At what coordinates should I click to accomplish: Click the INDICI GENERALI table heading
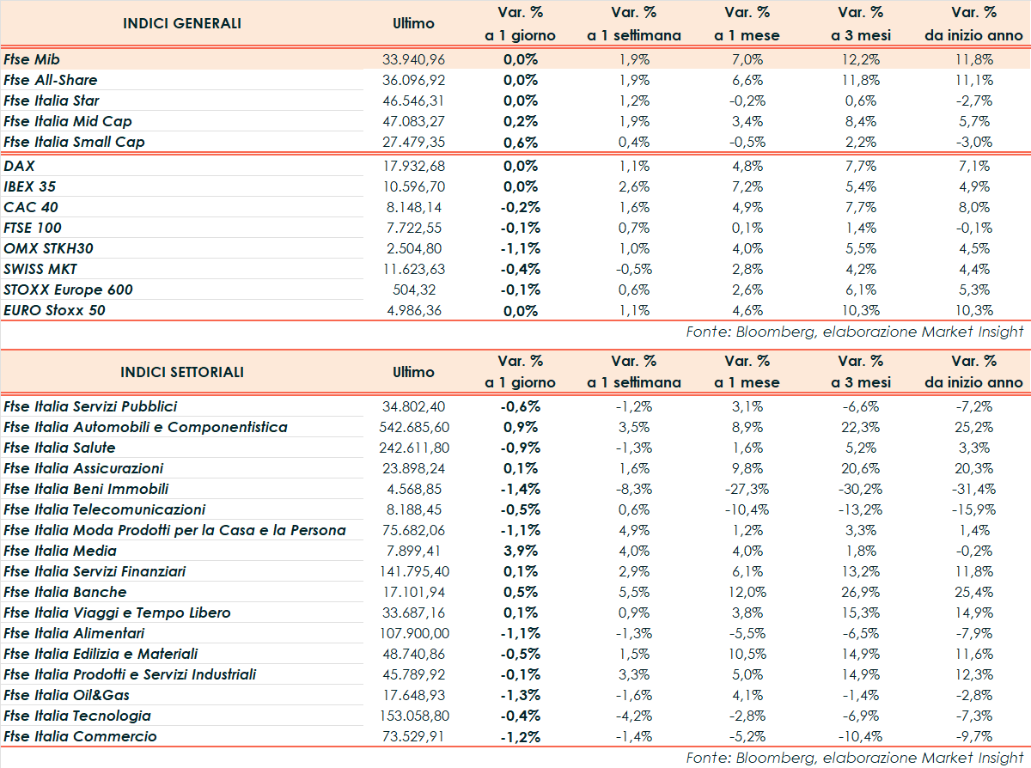click(182, 23)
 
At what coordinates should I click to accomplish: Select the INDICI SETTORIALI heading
click(182, 372)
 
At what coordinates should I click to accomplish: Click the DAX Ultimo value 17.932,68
click(413, 166)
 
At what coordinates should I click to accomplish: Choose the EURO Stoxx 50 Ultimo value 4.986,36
click(413, 310)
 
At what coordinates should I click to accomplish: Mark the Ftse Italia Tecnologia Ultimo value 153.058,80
click(414, 716)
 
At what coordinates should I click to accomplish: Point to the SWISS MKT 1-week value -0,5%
click(633, 269)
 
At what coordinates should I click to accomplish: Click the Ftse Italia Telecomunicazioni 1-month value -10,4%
click(747, 509)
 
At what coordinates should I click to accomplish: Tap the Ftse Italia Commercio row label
click(80, 736)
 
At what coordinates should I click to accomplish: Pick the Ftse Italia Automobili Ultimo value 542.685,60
click(414, 427)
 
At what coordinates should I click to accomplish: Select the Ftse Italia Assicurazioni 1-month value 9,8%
click(747, 468)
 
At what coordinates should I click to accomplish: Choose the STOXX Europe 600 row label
click(68, 290)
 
